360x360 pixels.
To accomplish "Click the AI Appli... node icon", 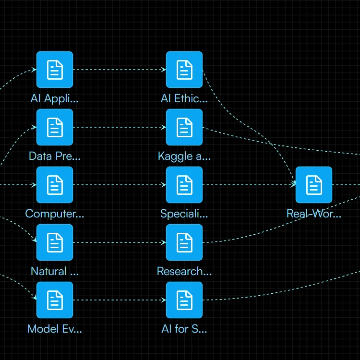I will tap(55, 70).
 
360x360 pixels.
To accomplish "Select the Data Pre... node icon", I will tap(55, 127).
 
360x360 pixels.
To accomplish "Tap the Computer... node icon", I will tap(55, 185).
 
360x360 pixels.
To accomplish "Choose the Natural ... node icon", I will tap(55, 242).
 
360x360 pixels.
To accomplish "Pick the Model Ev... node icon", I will tap(55, 300).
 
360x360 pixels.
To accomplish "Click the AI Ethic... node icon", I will tap(184, 70).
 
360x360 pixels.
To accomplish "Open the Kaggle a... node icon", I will tap(184, 127).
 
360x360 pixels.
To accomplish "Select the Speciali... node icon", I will tap(184, 185).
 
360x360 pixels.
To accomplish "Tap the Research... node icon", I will tap(184, 242).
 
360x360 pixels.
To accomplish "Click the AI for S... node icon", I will tap(184, 300).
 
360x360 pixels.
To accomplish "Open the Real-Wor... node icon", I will tap(314, 185).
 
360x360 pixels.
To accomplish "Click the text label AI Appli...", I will tap(55, 99).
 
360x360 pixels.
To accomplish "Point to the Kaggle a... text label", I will tap(184, 156).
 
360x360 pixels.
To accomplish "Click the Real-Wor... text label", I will tap(314, 214).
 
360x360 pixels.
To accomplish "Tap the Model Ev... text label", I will tap(55, 329).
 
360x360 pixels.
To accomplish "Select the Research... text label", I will tap(184, 272).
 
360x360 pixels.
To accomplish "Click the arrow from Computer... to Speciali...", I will tap(119, 185).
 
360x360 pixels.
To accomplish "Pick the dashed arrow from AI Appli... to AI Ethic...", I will tap(119, 70).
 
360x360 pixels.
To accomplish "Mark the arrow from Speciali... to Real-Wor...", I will tap(249, 185).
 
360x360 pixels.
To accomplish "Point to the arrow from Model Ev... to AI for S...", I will tap(119, 300).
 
